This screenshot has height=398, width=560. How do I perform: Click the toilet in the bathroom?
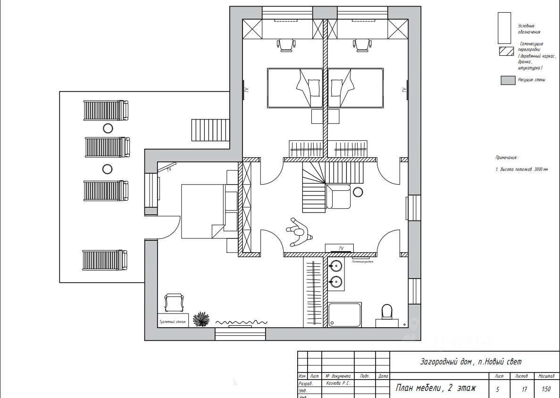tap(386, 312)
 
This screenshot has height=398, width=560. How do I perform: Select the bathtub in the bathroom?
tap(344, 314)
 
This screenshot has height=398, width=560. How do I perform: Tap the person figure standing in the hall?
tap(299, 232)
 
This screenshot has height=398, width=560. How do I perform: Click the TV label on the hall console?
tap(341, 248)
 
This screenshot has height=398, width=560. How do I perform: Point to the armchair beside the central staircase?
tap(338, 196)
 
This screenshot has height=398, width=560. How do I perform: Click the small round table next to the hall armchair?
tap(358, 192)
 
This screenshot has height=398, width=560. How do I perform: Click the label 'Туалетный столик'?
tap(173, 323)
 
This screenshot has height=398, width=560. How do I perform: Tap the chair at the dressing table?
tap(173, 303)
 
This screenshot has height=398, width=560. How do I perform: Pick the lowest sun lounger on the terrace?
tap(105, 260)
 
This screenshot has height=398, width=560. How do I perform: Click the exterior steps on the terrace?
tap(210, 130)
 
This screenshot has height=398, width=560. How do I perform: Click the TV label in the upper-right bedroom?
tap(404, 90)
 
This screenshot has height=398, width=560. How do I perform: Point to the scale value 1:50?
tap(546, 390)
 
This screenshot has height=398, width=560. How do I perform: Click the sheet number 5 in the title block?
tap(498, 390)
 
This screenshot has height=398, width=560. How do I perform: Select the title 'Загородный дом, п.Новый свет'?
tap(471, 362)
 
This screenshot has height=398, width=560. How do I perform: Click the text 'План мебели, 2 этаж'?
tap(435, 388)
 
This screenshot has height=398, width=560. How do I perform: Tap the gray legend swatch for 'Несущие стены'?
tap(508, 80)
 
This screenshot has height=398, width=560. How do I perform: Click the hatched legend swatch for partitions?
tap(506, 51)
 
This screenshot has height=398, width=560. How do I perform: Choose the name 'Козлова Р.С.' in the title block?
tap(338, 383)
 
